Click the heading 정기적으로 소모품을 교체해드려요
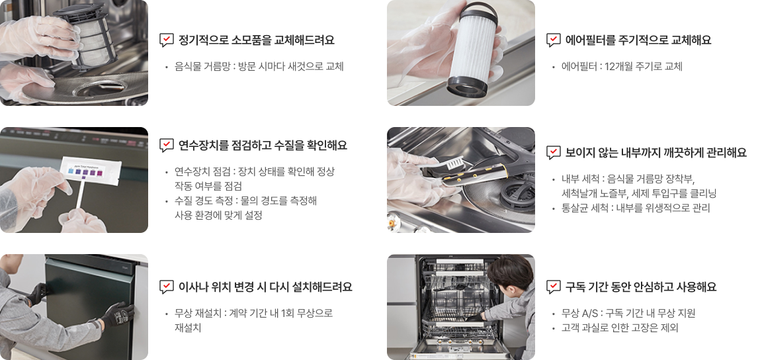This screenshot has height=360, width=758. pyautogui.click(x=256, y=40)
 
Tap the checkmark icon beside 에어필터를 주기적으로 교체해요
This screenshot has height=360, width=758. pyautogui.click(x=553, y=40)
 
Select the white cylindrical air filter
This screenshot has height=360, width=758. pyautogui.click(x=472, y=50)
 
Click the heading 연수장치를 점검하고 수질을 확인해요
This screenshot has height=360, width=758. pyautogui.click(x=263, y=145)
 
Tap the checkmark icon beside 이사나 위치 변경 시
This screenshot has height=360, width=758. pyautogui.click(x=166, y=287)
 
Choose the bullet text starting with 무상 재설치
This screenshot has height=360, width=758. pyautogui.click(x=253, y=320)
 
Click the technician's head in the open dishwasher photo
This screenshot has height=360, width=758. pyautogui.click(x=510, y=273)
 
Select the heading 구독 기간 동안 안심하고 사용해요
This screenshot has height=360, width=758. pyautogui.click(x=640, y=287)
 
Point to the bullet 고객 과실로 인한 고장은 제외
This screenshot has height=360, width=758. pyautogui.click(x=620, y=328)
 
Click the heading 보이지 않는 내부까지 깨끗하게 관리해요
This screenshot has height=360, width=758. pyautogui.click(x=656, y=153)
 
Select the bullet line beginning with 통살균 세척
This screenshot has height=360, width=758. pyautogui.click(x=635, y=208)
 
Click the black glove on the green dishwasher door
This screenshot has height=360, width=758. pyautogui.click(x=118, y=314)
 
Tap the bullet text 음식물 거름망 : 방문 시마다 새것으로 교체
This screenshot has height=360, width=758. pyautogui.click(x=259, y=66)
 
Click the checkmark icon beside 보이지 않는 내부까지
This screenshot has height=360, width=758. pyautogui.click(x=553, y=153)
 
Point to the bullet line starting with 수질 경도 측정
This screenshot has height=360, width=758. pyautogui.click(x=245, y=208)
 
